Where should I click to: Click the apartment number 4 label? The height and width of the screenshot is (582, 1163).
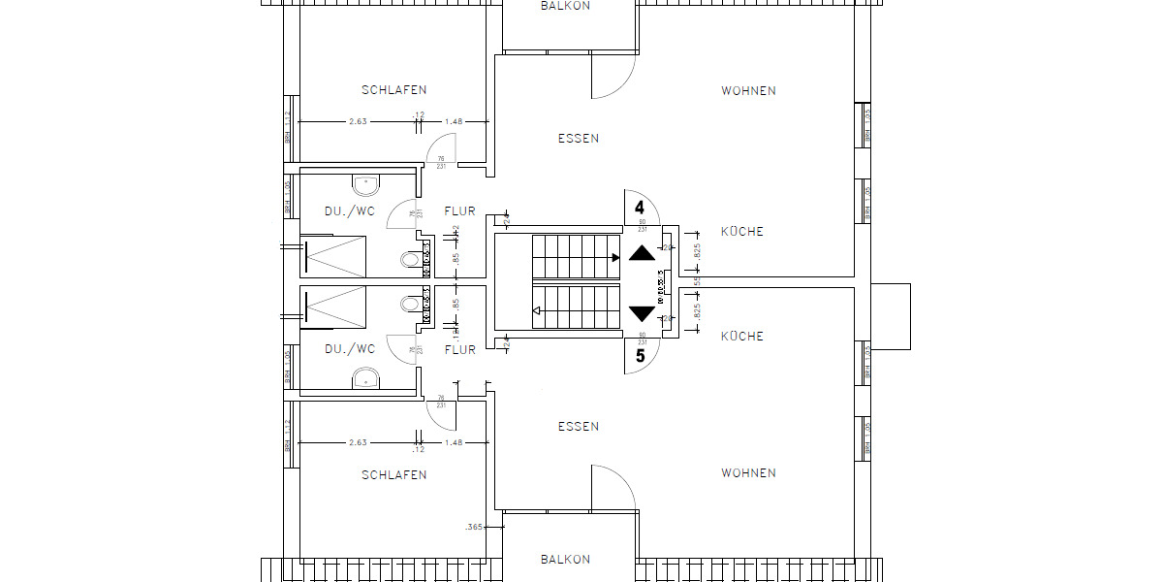coord(640,207)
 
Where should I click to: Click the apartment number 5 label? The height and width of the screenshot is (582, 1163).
coord(640,356)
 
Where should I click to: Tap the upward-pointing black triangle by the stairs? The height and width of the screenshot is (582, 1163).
coord(642,254)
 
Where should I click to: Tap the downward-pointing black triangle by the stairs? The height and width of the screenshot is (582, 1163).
coord(642,313)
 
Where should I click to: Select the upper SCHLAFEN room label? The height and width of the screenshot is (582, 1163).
coord(394,90)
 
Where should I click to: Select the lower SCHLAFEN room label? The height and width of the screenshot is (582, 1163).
coord(394,475)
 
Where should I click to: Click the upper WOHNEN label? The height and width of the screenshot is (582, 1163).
coord(748,91)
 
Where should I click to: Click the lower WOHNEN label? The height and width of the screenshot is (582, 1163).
coord(748,473)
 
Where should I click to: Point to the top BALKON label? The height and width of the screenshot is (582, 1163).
coord(565,6)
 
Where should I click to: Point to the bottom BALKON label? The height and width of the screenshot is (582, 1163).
coord(565,560)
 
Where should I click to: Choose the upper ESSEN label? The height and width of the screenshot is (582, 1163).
coord(579,139)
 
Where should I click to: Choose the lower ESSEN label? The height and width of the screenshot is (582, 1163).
coord(579,427)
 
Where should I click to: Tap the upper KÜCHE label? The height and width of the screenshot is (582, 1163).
coord(742,232)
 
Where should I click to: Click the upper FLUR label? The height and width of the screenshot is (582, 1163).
coord(460,210)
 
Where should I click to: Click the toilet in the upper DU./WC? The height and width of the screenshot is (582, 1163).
coord(411,260)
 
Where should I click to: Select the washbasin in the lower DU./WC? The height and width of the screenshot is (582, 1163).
coord(365,376)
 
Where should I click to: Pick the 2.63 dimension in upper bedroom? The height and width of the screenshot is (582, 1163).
coord(358,122)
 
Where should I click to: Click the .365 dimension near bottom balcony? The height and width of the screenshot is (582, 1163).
coord(475,528)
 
